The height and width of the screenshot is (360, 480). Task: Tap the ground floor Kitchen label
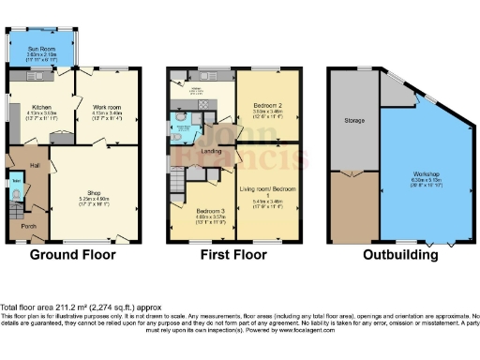tap(40, 108)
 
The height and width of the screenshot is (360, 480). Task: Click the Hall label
tap(34, 165)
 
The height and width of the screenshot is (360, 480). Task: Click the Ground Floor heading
tap(72, 254)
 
